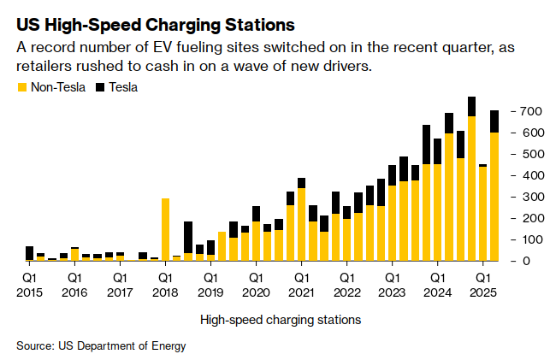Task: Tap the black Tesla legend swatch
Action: (x=100, y=87)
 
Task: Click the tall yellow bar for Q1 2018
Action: (x=165, y=229)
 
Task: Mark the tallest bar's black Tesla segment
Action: (x=471, y=106)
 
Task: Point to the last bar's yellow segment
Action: (x=494, y=197)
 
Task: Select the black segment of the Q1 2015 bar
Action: (x=30, y=252)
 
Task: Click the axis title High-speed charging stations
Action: (x=281, y=320)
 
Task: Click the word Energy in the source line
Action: (x=168, y=345)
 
